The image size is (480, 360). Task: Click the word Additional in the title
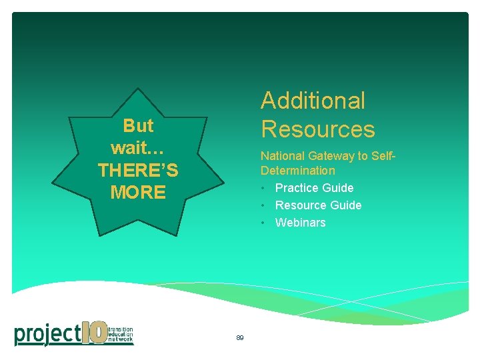click(313, 101)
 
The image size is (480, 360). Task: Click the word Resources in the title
click(317, 129)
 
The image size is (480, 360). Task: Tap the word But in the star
click(138, 125)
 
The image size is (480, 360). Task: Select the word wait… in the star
click(138, 147)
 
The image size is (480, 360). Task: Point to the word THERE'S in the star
click(138, 171)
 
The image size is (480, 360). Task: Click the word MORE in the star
click(138, 193)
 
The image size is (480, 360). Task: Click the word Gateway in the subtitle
click(329, 156)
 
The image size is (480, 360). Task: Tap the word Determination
click(297, 171)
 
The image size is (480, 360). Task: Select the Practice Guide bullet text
click(314, 188)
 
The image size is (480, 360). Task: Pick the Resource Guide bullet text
click(318, 205)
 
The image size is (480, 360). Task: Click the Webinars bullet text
click(300, 223)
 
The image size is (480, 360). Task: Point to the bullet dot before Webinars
click(264, 223)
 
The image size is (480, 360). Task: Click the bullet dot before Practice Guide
click(264, 188)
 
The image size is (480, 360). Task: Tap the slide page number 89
click(239, 338)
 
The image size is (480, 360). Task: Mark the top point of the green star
click(138, 89)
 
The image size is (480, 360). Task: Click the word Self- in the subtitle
click(383, 156)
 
